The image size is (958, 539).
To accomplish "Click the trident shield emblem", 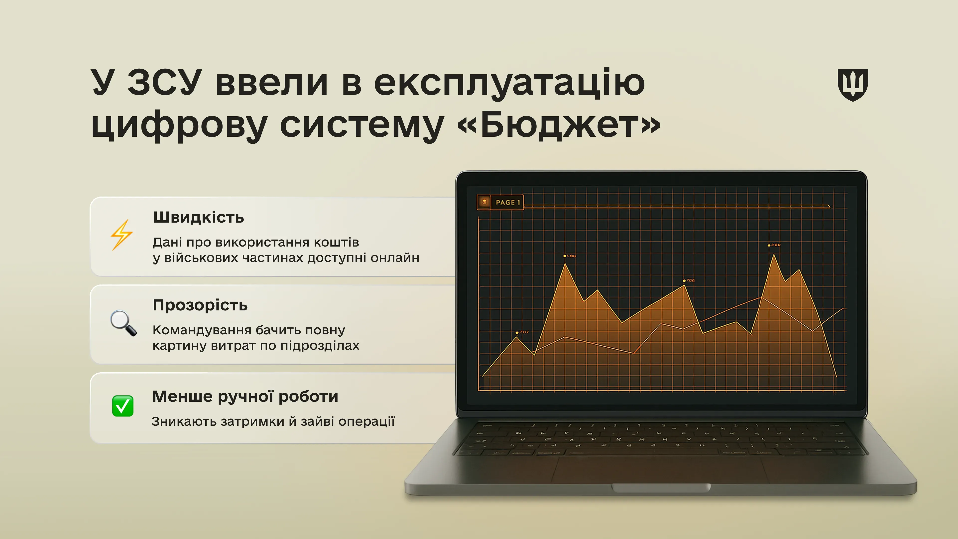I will pyautogui.click(x=852, y=85).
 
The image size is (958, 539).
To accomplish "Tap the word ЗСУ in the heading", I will pyautogui.click(x=165, y=82).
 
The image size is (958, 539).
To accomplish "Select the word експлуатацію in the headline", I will pyautogui.click(x=509, y=83).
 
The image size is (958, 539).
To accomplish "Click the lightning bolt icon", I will pyautogui.click(x=121, y=235).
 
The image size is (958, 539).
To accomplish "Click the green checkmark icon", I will pyautogui.click(x=123, y=406).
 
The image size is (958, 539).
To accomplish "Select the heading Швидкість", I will pyautogui.click(x=199, y=217).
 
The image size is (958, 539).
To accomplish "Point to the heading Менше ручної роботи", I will pyautogui.click(x=245, y=396).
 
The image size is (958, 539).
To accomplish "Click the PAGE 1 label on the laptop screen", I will pyautogui.click(x=507, y=202).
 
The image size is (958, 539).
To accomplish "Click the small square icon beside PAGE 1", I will pyautogui.click(x=484, y=202).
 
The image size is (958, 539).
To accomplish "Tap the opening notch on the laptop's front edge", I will pyautogui.click(x=661, y=487).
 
